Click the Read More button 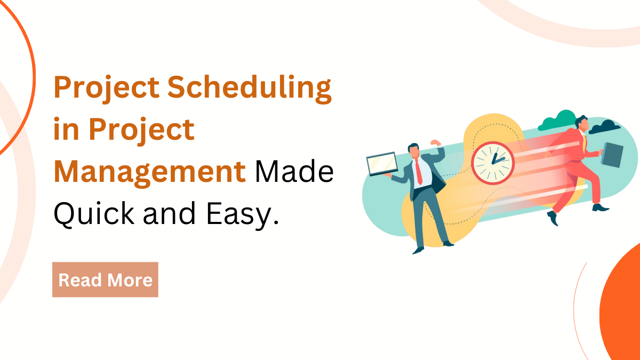(x=105, y=279)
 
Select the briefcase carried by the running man (x=612, y=154)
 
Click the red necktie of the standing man (x=419, y=171)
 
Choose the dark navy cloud (x=605, y=127)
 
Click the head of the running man (x=581, y=123)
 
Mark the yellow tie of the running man (x=585, y=142)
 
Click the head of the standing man (x=414, y=150)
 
